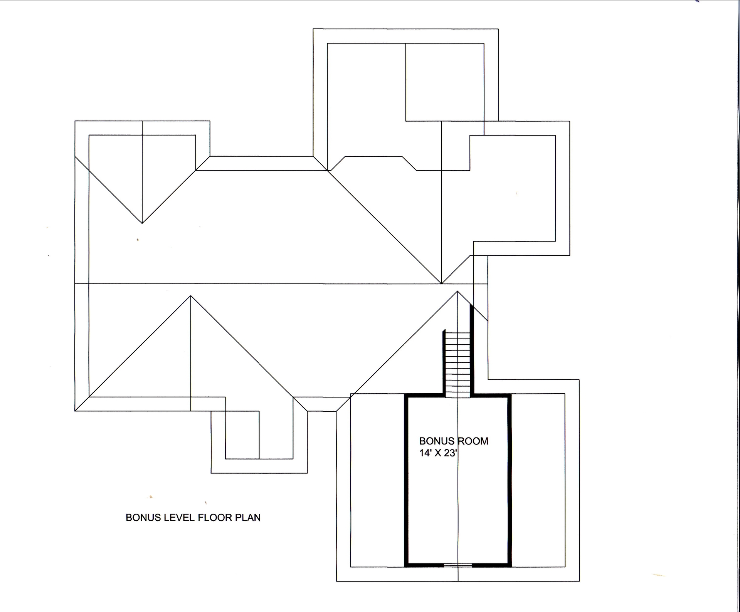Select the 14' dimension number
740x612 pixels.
(424, 453)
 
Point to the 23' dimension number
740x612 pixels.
(450, 453)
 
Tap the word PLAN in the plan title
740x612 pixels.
(248, 518)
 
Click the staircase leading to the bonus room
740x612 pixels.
(458, 364)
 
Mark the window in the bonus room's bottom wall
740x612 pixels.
(458, 565)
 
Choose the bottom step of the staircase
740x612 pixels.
(458, 394)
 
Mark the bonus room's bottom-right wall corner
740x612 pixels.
(510, 565)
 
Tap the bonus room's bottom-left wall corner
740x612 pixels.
(406, 565)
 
